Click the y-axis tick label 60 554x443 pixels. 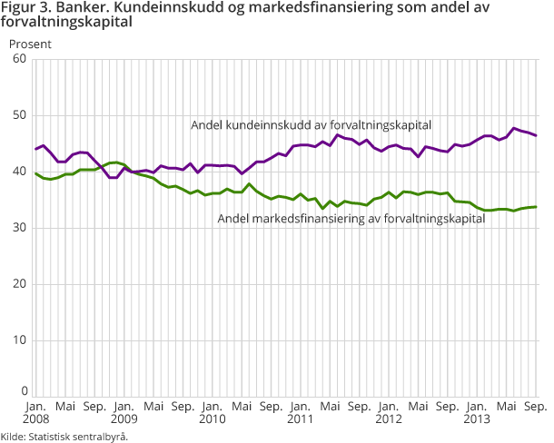tap(18, 59)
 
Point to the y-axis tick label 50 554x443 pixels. tap(18, 115)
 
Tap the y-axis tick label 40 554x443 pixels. tap(18, 172)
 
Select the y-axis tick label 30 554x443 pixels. tap(18, 228)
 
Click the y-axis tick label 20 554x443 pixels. tap(18, 284)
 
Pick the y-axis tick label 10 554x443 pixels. tap(18, 340)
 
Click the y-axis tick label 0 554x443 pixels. tap(22, 391)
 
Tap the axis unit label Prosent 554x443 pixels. tap(30, 42)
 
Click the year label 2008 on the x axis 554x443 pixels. tap(36, 419)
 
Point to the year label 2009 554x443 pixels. tap(124, 419)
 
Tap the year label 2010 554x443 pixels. tap(212, 419)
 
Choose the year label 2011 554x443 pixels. tap(299, 419)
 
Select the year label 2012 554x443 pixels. tap(387, 419)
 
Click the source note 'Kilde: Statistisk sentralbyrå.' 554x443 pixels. tap(64, 437)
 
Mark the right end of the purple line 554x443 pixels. tap(535, 136)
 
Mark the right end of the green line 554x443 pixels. tap(535, 207)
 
